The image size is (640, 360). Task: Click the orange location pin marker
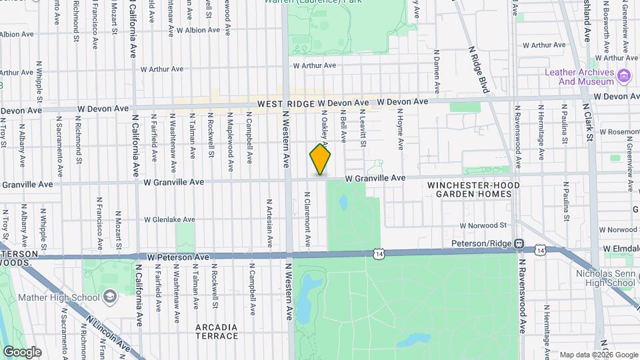click(x=320, y=159)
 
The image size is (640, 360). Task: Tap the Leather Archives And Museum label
click(x=579, y=77)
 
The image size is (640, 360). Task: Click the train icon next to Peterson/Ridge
click(x=519, y=243)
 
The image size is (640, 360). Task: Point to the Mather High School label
click(x=59, y=297)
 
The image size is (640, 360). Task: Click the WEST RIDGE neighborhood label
click(x=287, y=103)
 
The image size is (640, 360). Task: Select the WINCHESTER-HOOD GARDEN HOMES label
click(x=470, y=189)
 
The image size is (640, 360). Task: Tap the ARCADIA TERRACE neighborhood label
click(x=217, y=331)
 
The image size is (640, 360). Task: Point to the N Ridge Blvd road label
click(x=479, y=67)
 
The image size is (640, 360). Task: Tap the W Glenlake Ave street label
click(x=169, y=219)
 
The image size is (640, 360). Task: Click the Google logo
click(x=22, y=351)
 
